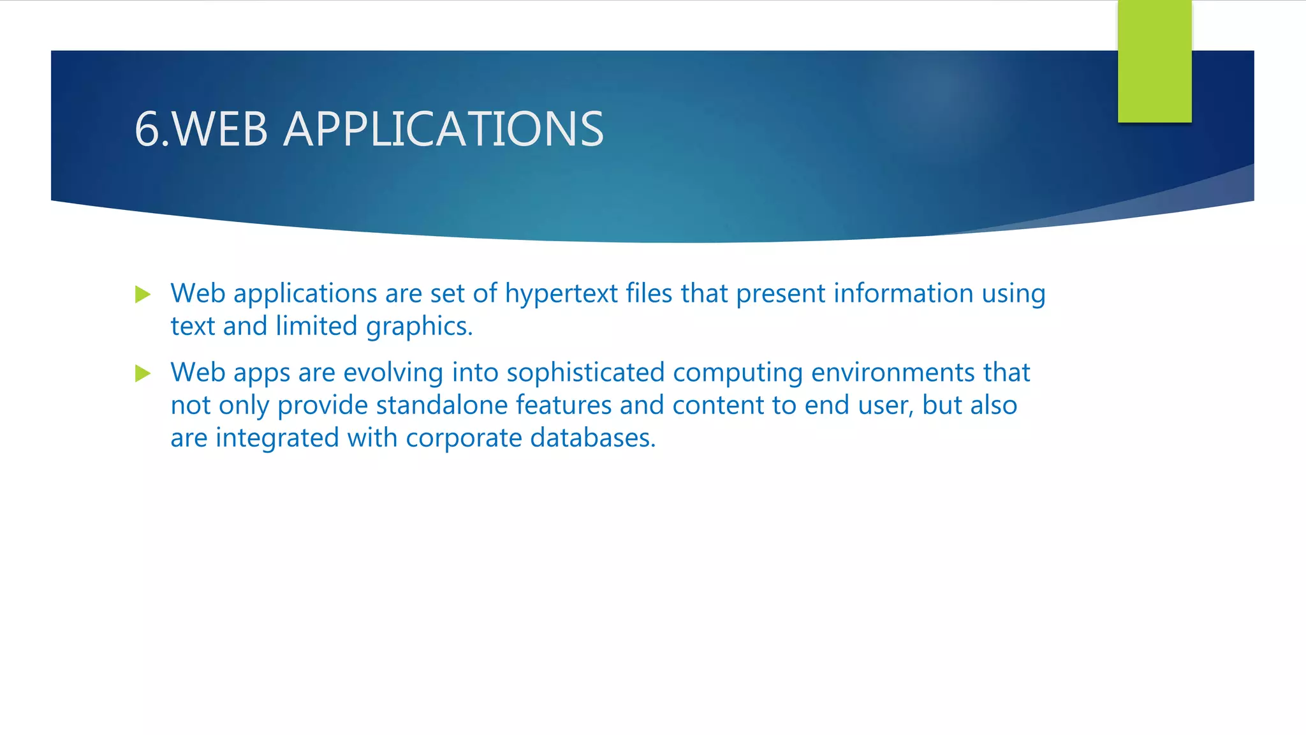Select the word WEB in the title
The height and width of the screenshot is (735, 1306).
(220, 130)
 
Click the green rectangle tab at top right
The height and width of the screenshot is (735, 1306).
(1154, 61)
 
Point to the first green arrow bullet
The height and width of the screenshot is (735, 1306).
(143, 295)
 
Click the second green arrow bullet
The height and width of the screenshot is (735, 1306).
(143, 373)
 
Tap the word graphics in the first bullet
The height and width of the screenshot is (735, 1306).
(418, 327)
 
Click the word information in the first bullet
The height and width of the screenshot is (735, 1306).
(903, 293)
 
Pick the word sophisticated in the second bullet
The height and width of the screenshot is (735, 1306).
(585, 373)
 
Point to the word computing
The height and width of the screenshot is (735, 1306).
(737, 373)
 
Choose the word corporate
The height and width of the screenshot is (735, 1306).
(464, 438)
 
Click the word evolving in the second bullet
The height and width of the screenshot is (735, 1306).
(393, 373)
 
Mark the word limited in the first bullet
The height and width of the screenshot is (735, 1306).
(316, 326)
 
